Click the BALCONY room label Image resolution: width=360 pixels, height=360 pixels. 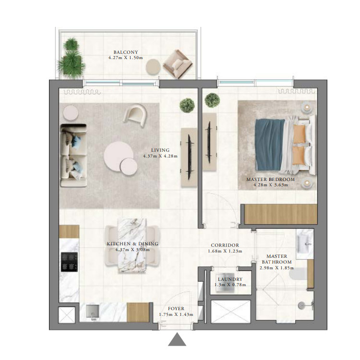point(126,52)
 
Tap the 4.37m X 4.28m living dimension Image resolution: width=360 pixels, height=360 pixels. point(160,156)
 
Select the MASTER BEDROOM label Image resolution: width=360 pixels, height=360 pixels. point(270,180)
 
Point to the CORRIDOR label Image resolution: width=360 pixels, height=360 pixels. point(225,245)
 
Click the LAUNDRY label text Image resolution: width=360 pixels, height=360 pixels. point(230,279)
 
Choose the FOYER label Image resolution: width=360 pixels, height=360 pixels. point(176,309)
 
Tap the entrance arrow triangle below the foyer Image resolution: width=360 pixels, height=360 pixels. point(177,339)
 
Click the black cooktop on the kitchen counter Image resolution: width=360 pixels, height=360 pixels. point(69,262)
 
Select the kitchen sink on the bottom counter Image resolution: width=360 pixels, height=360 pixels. point(93,312)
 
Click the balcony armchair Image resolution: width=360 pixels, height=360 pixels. point(177,64)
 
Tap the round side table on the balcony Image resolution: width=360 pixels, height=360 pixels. point(153,67)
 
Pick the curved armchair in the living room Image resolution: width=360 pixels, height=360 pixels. point(135,115)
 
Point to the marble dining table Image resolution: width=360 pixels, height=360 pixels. point(132,245)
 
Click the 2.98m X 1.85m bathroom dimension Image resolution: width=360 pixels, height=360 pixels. point(276,268)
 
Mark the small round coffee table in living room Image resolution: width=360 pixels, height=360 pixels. point(129,166)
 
